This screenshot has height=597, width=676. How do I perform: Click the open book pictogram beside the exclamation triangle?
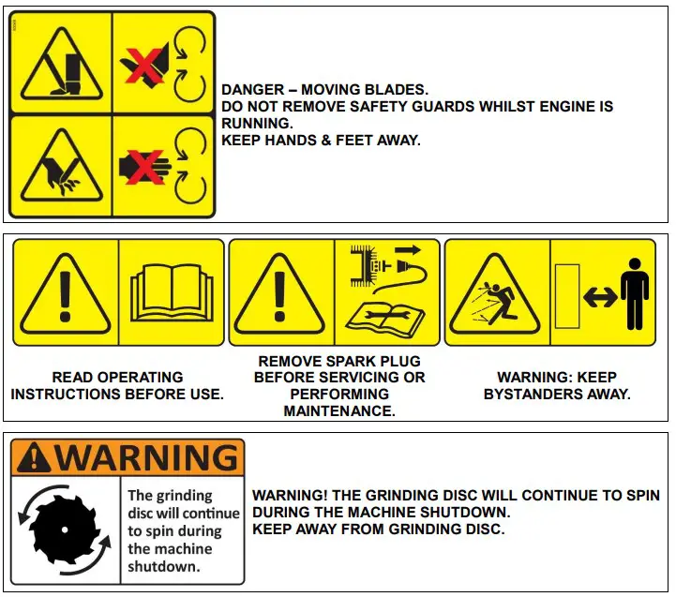click(x=172, y=292)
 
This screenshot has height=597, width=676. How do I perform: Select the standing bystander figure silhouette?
click(x=636, y=293)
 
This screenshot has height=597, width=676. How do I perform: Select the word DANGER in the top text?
click(x=253, y=90)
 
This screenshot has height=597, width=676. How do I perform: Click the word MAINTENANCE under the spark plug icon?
click(x=339, y=411)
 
